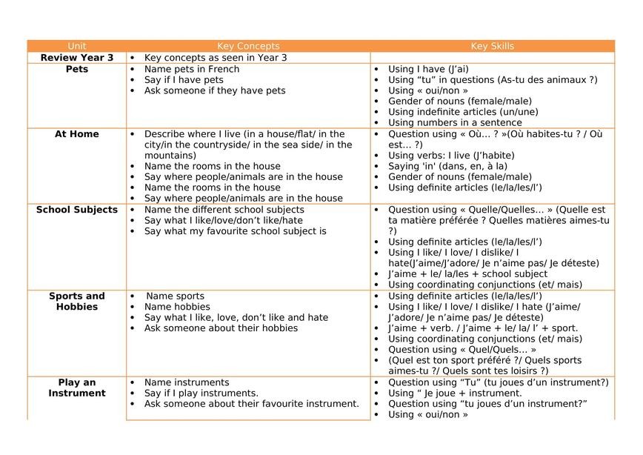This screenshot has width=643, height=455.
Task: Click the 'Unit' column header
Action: pos(76,46)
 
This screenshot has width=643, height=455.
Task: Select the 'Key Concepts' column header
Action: pos(248,46)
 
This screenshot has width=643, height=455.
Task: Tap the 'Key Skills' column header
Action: pos(492,46)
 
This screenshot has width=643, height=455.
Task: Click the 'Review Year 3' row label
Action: pos(77,57)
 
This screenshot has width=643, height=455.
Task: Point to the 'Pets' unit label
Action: pos(77,69)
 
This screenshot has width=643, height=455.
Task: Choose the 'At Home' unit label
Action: pos(77,134)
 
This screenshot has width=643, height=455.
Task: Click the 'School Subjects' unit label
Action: pos(77,210)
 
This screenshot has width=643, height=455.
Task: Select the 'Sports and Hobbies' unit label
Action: pos(77,301)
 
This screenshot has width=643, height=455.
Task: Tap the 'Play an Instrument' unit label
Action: pos(77,388)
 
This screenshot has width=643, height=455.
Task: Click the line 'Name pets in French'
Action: pos(192,69)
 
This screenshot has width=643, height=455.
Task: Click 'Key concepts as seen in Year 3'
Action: pos(216,57)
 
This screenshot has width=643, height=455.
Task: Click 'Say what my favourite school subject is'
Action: pos(235,231)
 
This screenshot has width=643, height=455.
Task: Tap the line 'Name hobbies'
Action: pos(177,307)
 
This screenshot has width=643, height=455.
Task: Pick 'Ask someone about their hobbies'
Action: pos(221,328)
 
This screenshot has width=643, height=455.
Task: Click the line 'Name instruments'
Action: pos(187,382)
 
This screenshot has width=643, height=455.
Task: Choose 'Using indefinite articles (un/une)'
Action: pos(463,112)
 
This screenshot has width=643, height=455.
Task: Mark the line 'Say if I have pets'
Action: pos(184,80)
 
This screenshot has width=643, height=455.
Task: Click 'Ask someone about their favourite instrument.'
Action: pos(251,404)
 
